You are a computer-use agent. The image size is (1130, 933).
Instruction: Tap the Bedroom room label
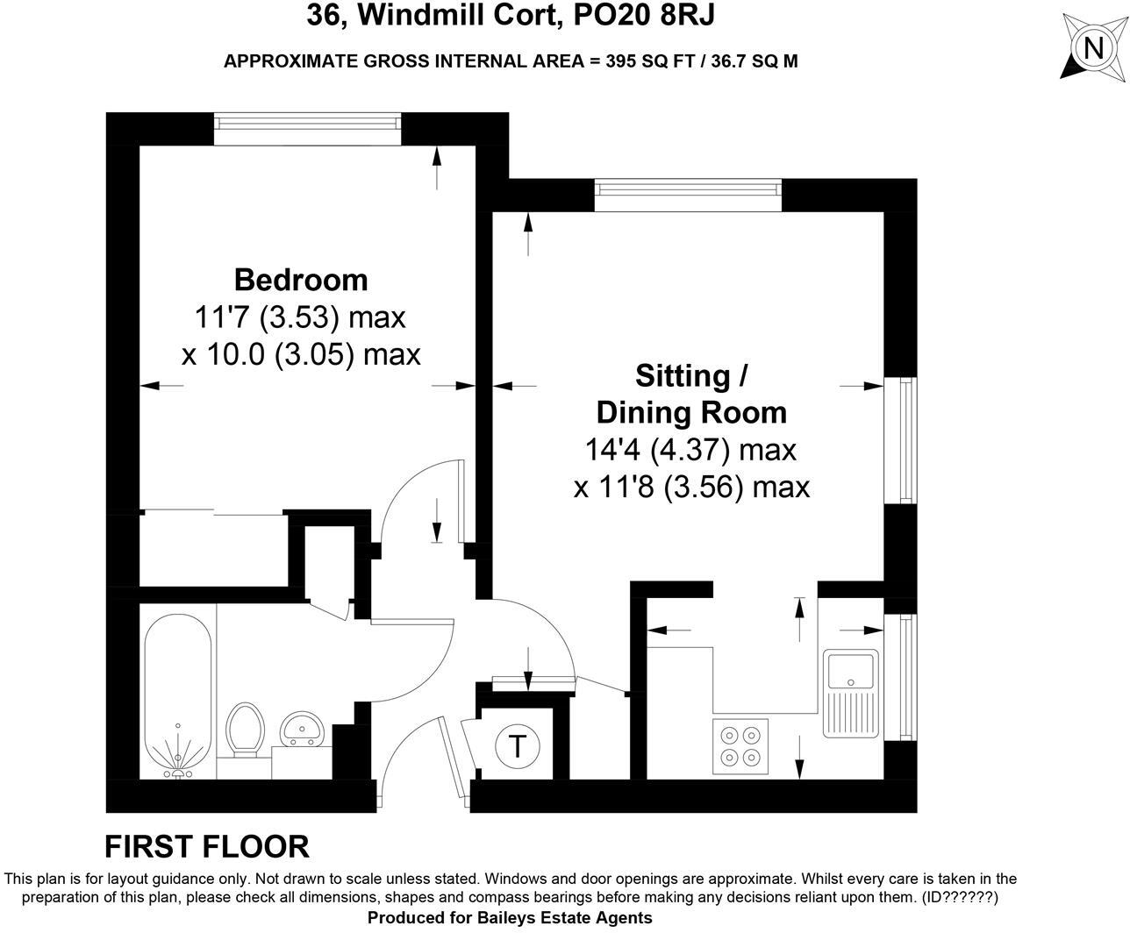[301, 280]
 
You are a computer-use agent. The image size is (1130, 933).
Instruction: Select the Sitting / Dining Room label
[691, 394]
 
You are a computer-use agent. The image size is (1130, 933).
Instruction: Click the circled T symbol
[518, 747]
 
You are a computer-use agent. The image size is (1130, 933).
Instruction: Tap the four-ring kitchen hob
[740, 746]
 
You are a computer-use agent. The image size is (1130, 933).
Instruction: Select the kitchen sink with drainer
[850, 693]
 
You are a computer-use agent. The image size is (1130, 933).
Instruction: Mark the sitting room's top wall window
[687, 195]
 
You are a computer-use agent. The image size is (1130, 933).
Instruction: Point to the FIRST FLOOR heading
[207, 847]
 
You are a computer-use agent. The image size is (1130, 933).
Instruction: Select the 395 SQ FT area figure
[650, 61]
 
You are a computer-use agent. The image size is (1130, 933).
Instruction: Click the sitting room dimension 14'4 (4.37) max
[690, 450]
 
